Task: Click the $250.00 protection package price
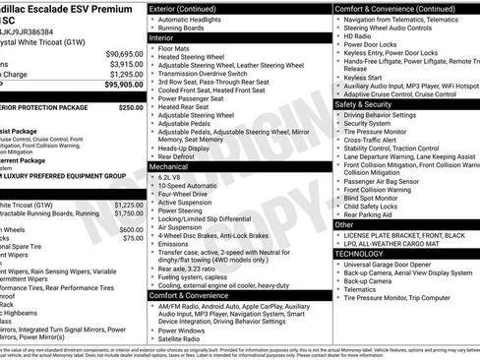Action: pyautogui.click(x=130, y=107)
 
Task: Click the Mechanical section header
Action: pyautogui.click(x=172, y=167)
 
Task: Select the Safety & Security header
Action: pyautogui.click(x=369, y=102)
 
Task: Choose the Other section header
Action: pyautogui.click(x=345, y=223)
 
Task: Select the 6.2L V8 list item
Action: pyautogui.click(x=173, y=178)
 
